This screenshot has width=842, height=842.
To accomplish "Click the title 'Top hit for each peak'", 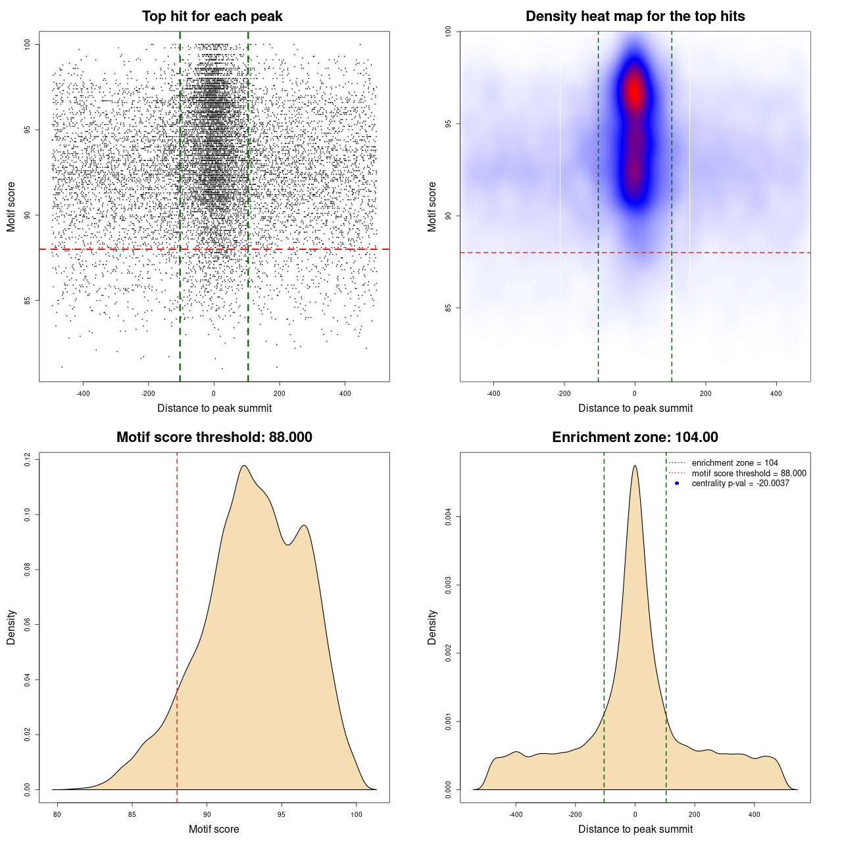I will pos(212,16).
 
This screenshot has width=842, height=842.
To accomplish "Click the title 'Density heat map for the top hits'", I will pos(635,16).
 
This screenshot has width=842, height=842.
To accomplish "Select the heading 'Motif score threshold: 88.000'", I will pos(214,437).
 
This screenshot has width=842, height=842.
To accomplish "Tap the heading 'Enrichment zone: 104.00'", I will pos(635,437).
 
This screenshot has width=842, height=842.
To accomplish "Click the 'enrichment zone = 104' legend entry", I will pos(734,463).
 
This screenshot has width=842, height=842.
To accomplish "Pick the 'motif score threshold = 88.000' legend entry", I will pos(749,473).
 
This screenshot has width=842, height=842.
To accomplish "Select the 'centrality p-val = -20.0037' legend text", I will pos(740,483).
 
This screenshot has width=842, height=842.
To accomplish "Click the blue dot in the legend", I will pos(677,483).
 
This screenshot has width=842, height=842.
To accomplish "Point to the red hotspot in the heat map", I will pos(634,92).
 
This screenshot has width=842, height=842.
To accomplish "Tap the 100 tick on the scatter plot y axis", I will pos(28,44).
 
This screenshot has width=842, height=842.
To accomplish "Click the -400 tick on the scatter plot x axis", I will pos(83,393).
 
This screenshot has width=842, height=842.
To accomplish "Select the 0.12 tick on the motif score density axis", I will pos(28,459).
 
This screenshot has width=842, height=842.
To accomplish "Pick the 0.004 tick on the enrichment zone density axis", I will pos(449,517).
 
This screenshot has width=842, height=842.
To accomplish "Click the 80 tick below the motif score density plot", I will pos(57,814).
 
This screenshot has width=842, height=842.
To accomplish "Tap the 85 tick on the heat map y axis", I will pos(449,307).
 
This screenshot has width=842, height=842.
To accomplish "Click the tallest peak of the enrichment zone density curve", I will pos(635,466).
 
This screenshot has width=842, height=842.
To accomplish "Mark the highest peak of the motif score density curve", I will pos(244,466).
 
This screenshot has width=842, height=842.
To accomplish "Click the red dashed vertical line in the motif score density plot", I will pos(177,592).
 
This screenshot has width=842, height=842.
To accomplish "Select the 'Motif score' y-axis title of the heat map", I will pos(432,207).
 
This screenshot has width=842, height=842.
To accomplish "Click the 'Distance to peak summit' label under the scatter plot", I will pos(214,409).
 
